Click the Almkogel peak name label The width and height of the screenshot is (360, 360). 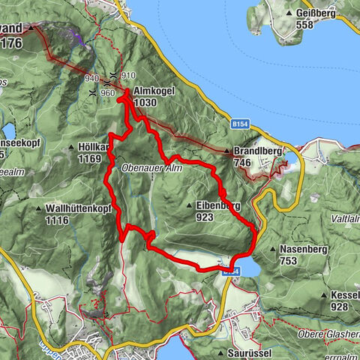(154, 89)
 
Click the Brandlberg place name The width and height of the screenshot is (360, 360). (257, 150)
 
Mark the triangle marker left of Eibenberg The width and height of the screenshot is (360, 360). (189, 205)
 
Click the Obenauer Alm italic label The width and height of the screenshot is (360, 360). (151, 169)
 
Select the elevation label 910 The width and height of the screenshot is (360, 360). (128, 76)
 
